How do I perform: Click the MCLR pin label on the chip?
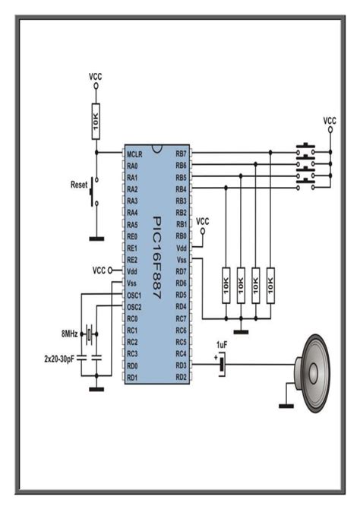tap(136, 153)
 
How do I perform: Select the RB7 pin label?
tap(181, 153)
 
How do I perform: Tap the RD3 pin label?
tap(181, 365)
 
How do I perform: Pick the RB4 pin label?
tap(181, 188)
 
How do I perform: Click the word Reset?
tap(80, 185)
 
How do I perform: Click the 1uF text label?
tap(222, 345)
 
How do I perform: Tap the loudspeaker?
tap(314, 374)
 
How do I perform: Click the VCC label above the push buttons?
tap(330, 120)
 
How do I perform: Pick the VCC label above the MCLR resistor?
tap(96, 77)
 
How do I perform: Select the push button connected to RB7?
tap(307, 148)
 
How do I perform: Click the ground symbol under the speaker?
tap(286, 405)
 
